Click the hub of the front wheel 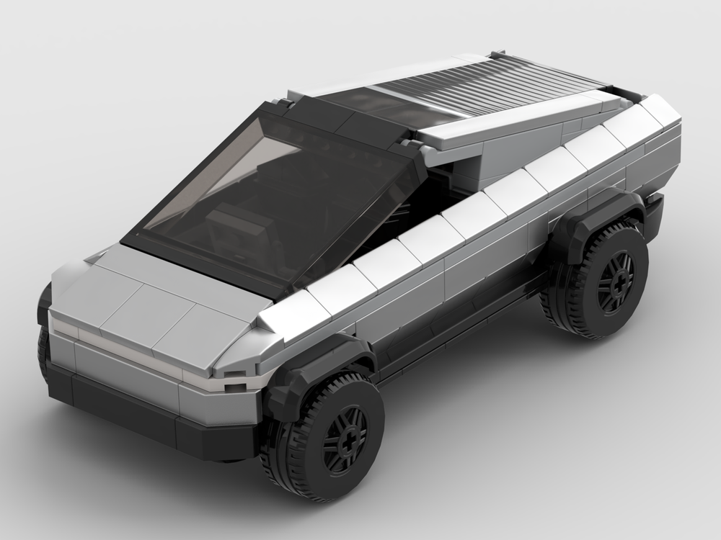(x=345, y=438)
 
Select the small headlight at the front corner (x=235, y=388)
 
